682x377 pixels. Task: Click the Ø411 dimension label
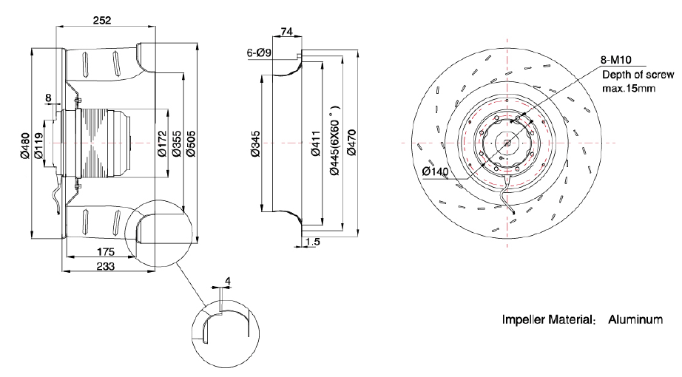[x=316, y=143]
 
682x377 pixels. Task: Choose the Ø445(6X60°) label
[x=334, y=137]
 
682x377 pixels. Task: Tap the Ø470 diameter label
[x=352, y=143]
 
